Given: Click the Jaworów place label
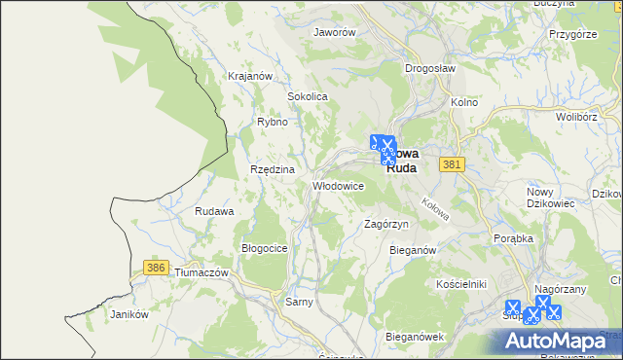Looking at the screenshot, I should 334,31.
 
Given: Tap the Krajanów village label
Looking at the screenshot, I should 247,75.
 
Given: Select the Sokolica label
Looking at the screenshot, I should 307,97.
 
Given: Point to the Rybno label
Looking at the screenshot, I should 272,122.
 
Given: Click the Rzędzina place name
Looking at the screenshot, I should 272,169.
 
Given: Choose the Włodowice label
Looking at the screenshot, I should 337,185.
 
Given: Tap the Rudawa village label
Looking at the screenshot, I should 214,211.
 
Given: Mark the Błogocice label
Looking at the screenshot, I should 264,248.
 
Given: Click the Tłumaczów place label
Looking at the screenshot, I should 201,273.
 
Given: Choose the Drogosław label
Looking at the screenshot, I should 430,68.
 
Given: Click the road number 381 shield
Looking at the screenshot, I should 450,165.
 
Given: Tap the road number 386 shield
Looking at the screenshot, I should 155,266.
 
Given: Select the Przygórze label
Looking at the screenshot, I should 571,33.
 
